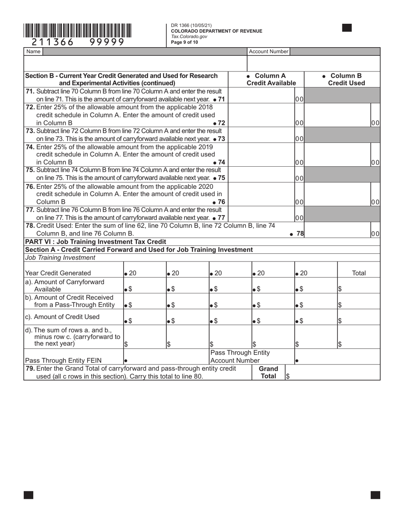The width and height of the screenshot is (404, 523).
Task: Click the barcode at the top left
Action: (77, 31)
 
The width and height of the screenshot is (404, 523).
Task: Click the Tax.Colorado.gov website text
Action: (189, 37)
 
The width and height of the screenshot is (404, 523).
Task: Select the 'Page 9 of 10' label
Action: (185, 42)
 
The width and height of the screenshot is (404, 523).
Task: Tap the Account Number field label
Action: (268, 51)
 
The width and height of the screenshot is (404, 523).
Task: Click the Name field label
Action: (33, 51)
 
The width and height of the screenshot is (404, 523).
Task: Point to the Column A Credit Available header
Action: (271, 80)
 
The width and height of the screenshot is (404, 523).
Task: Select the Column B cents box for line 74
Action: (375, 162)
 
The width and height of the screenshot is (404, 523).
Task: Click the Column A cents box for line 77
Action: (299, 218)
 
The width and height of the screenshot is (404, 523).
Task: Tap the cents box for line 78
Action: (375, 233)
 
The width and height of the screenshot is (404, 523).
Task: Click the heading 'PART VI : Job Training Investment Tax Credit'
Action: (96, 242)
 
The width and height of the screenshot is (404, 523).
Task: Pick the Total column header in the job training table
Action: (359, 273)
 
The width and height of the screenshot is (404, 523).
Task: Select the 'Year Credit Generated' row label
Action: (58, 273)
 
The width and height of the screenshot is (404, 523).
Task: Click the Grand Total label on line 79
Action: (268, 372)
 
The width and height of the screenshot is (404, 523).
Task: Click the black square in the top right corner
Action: (347, 28)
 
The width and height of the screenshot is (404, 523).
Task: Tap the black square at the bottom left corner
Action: (28, 495)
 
